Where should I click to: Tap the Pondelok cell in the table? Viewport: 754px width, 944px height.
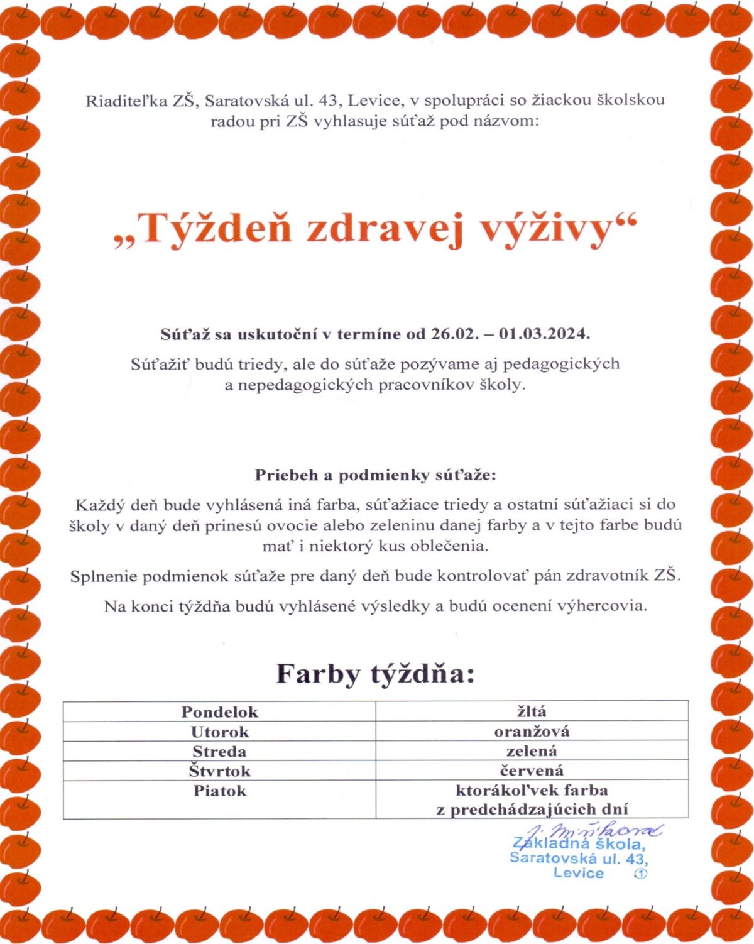pyautogui.click(x=219, y=712)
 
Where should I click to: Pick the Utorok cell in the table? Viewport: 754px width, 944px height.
pyautogui.click(x=219, y=732)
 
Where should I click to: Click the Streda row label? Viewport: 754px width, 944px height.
pyautogui.click(x=219, y=752)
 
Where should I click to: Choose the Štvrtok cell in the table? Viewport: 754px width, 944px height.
pyautogui.click(x=219, y=771)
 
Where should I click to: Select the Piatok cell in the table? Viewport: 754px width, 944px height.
pyautogui.click(x=219, y=791)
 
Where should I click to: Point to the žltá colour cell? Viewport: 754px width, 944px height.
pyautogui.click(x=532, y=711)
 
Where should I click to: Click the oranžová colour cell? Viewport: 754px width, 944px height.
pyautogui.click(x=532, y=732)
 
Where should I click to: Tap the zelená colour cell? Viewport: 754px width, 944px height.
pyautogui.click(x=532, y=751)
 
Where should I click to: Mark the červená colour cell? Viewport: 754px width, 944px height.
pyautogui.click(x=532, y=771)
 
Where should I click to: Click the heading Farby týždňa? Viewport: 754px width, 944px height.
pyautogui.click(x=375, y=674)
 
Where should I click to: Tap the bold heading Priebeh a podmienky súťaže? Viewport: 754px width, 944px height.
pyautogui.click(x=375, y=475)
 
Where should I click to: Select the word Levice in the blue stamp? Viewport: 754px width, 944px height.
pyautogui.click(x=578, y=873)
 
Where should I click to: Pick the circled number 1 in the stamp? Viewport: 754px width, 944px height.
pyautogui.click(x=641, y=874)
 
